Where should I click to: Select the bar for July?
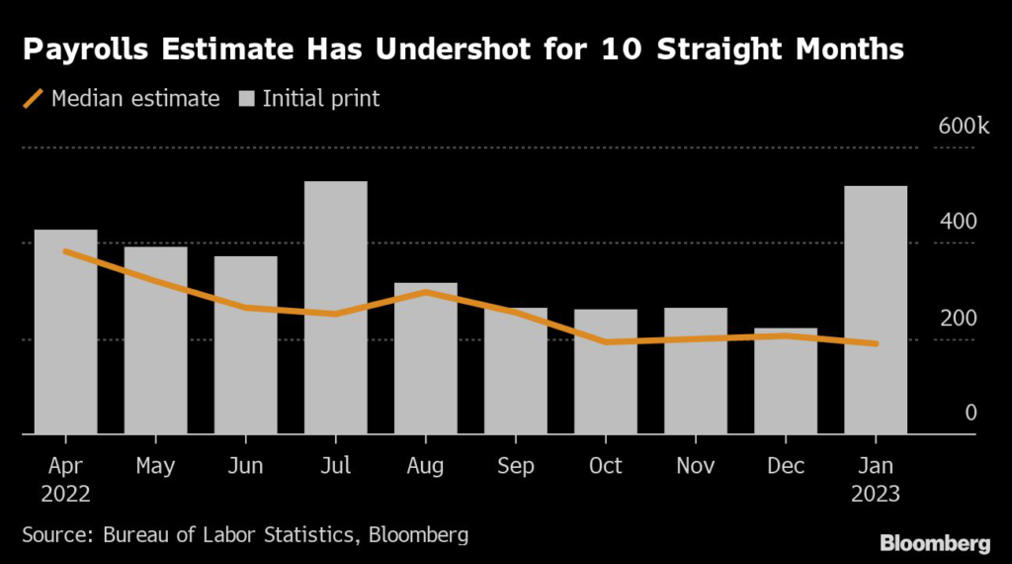pos(336,307)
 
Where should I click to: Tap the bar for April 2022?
pos(66,331)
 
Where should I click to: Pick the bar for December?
pos(786,381)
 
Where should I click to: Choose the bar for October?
pos(606,371)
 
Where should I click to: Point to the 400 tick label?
pos(958,222)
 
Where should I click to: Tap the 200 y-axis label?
pos(958,317)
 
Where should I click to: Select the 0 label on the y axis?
pos(970,413)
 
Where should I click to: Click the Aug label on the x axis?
pos(425,464)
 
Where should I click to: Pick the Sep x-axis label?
pos(515,464)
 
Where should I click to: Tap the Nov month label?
pos(696,464)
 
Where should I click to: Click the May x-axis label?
pos(155,464)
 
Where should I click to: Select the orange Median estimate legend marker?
pos(33,99)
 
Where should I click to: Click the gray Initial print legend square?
pos(246,99)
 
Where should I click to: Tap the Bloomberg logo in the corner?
pos(935,542)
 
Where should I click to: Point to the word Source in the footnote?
pos(56,535)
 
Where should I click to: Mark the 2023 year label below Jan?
pos(876,494)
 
